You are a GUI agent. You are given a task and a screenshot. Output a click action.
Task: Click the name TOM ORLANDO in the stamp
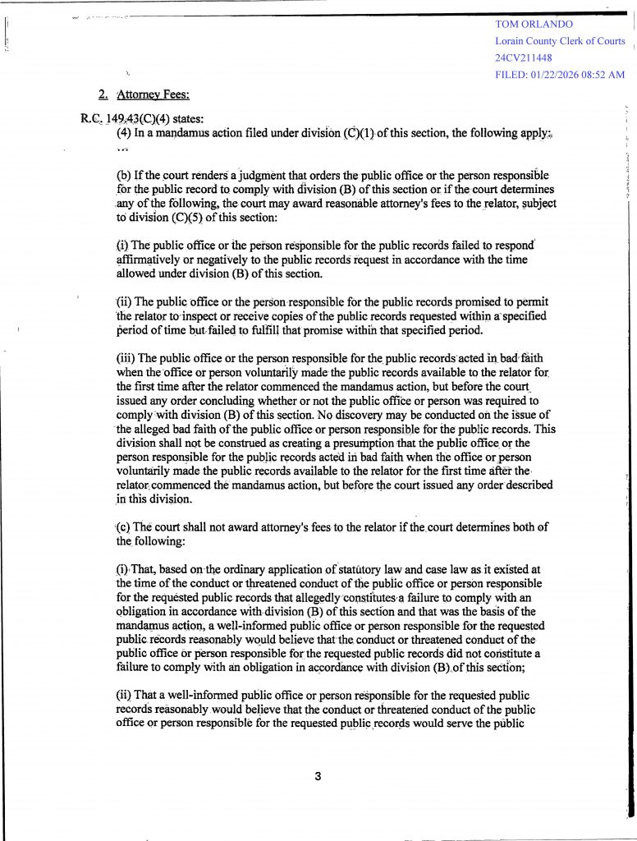[534, 25]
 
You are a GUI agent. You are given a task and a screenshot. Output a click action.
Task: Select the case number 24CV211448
[523, 57]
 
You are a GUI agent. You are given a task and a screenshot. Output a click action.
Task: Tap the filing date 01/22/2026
[558, 75]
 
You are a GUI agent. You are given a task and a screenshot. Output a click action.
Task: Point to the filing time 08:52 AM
[605, 75]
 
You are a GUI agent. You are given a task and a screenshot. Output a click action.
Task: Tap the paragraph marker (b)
[123, 176]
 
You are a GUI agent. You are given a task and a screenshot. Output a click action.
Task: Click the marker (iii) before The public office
[126, 358]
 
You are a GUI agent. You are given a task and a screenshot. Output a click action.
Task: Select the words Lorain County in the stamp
[526, 41]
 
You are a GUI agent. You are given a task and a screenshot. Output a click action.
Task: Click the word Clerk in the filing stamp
[575, 41]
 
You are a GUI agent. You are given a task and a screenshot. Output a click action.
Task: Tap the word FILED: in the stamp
[511, 75]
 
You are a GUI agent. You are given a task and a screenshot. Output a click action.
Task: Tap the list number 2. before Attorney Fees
[103, 94]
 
